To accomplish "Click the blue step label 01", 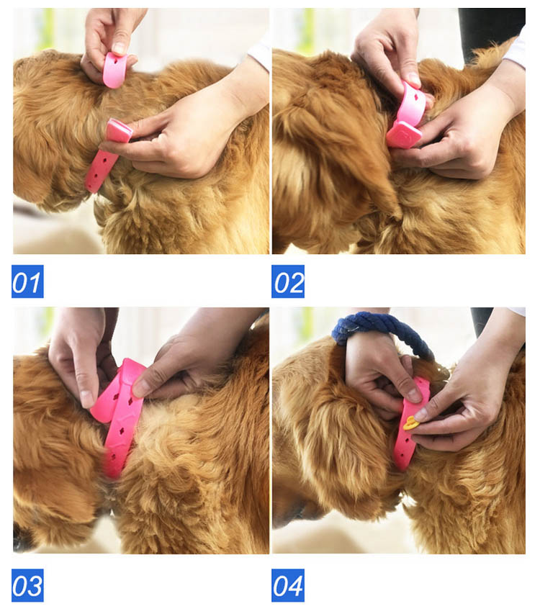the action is (27, 281).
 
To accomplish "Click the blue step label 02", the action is (288, 281).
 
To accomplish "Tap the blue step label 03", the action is (27, 585).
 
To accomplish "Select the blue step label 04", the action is (288, 585).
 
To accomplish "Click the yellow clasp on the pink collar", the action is (411, 423).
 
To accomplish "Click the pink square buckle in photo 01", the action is (119, 130).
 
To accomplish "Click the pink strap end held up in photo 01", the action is (116, 70).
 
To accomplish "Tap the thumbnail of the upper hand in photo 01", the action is (119, 48).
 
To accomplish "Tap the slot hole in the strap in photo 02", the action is (417, 95).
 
